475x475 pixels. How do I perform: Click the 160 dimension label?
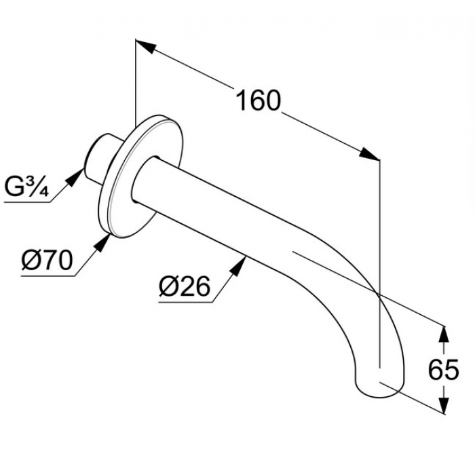[x=258, y=100]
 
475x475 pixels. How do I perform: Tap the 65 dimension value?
[x=443, y=370]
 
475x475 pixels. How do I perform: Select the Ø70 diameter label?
[x=47, y=261]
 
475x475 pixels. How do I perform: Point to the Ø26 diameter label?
[x=184, y=287]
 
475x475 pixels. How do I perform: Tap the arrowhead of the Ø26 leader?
[x=238, y=265]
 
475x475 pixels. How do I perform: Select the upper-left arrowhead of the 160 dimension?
[x=146, y=46]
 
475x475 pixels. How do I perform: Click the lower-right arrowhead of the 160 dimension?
[x=369, y=153]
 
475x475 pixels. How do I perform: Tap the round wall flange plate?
[x=141, y=176]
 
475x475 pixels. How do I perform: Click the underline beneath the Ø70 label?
[x=48, y=276]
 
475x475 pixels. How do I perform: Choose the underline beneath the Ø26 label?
[x=185, y=303]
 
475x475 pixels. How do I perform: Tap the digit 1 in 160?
[x=242, y=100]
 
